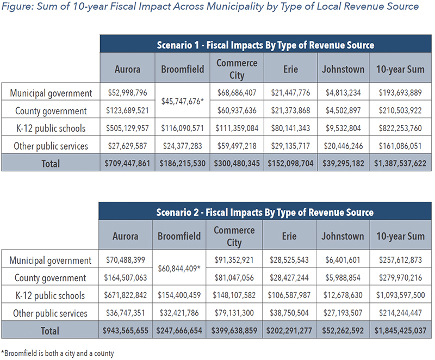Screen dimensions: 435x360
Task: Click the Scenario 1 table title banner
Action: [265, 45]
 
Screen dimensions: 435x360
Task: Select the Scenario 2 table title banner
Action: [265, 212]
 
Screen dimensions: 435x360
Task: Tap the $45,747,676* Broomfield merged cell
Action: [183, 101]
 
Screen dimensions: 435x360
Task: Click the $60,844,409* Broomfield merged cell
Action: [179, 269]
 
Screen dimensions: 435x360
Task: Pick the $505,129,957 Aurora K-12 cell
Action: [127, 128]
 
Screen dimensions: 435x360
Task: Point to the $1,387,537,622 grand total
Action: [400, 163]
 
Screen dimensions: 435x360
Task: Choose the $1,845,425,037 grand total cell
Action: [400, 330]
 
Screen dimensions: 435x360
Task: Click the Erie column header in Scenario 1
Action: [290, 69]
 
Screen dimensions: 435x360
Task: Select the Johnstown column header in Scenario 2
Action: [343, 236]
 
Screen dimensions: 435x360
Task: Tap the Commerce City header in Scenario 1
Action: [237, 69]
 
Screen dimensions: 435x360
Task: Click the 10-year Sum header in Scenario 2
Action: [400, 236]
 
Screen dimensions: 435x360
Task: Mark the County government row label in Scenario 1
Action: [51, 110]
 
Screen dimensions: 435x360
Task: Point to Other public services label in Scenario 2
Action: [50, 313]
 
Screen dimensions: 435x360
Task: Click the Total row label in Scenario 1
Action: [51, 163]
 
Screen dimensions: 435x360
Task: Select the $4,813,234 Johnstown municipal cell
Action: [343, 92]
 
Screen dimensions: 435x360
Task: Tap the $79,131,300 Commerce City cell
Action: [234, 313]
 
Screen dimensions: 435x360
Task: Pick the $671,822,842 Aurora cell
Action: [126, 295]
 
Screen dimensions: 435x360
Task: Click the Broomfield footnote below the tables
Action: [58, 353]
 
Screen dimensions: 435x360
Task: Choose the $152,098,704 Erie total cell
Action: [290, 163]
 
